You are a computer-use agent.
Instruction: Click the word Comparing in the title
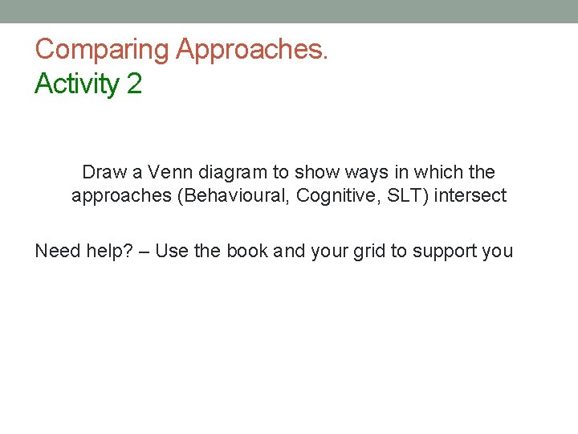[x=102, y=50]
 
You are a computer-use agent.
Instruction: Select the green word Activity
[x=77, y=84]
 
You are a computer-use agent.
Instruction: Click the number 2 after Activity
[x=134, y=84]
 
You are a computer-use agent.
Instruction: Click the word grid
[x=366, y=251]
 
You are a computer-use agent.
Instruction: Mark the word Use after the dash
[x=173, y=251]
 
